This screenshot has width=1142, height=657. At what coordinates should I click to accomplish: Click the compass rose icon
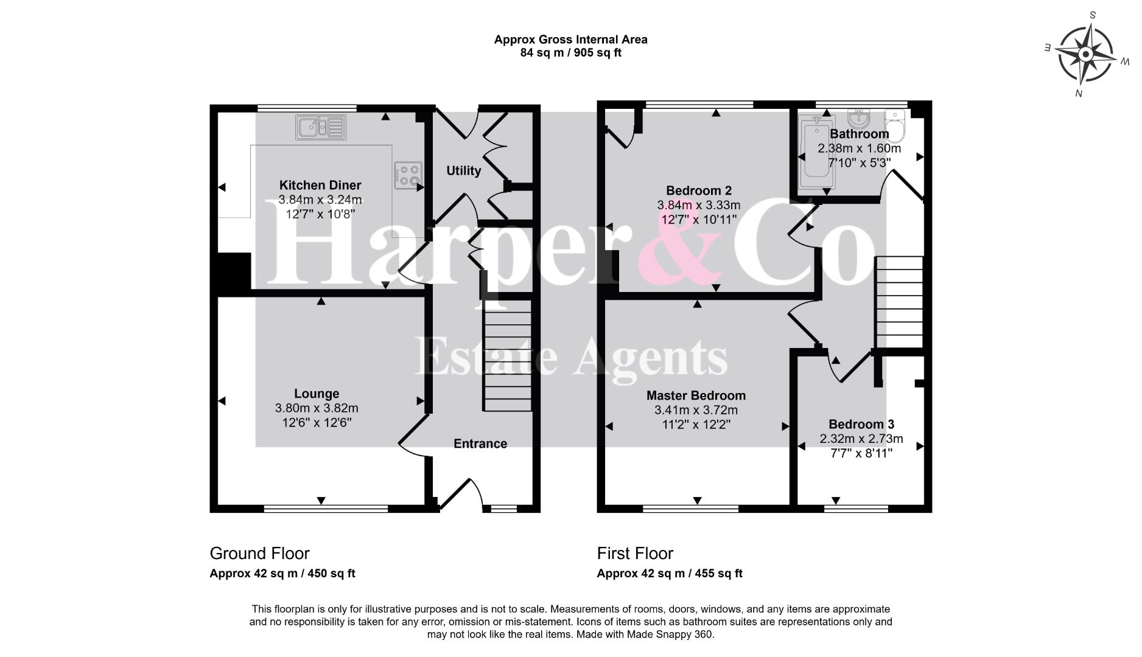coord(1086,55)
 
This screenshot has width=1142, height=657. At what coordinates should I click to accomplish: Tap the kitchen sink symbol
coord(321,127)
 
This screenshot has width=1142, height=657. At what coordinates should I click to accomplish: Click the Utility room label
coord(464,171)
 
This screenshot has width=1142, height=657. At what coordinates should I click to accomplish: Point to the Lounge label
coord(317,394)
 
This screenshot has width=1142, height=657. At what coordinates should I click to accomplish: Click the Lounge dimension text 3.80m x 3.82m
coord(317,408)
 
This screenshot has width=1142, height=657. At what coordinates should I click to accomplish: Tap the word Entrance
coord(480,443)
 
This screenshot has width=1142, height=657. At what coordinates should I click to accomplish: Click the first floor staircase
coord(899,302)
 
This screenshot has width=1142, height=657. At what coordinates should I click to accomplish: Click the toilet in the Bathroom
coord(895,124)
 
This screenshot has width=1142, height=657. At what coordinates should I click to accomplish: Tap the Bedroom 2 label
coord(699,190)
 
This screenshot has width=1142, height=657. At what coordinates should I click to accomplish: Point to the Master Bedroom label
coord(696,395)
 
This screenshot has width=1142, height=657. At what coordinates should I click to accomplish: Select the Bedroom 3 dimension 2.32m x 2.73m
coord(861,439)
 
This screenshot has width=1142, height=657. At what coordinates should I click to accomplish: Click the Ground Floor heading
coord(260,554)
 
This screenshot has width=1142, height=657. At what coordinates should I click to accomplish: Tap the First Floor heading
coord(635,554)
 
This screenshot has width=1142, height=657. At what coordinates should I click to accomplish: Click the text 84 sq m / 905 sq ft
coord(571,53)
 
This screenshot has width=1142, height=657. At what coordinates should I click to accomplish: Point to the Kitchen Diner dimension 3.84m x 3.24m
coord(320,200)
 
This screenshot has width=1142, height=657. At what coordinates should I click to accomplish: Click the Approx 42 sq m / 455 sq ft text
coord(670,573)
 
